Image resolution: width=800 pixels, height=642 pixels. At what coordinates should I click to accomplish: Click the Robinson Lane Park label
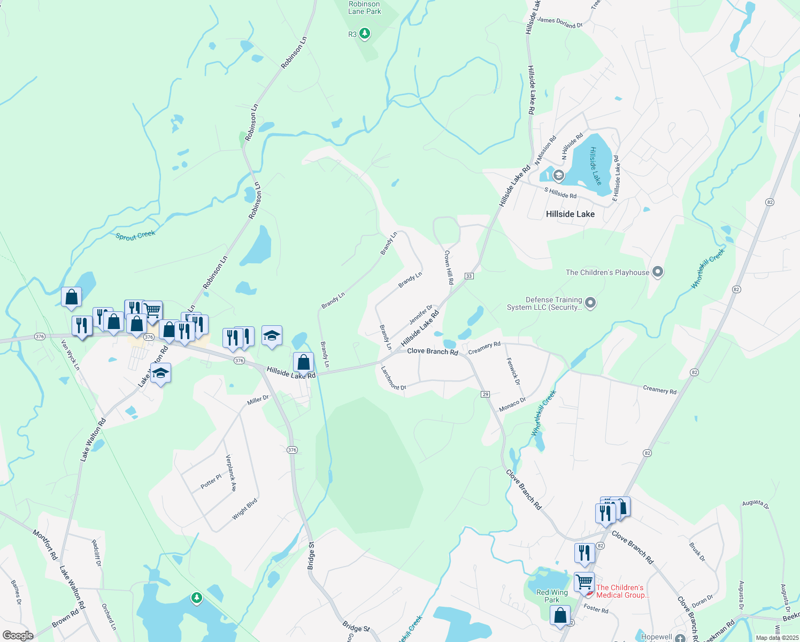365,7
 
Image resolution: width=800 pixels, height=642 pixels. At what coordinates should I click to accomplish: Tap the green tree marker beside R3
365,34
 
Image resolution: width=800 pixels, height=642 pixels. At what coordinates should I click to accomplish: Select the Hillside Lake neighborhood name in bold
570,214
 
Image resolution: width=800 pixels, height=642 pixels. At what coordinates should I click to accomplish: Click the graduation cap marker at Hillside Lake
558,175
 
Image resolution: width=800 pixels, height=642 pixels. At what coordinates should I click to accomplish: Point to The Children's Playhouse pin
658,272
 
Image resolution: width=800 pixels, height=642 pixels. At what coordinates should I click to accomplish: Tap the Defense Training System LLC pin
590,303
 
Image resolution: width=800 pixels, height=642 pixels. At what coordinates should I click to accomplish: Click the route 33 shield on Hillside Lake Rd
469,276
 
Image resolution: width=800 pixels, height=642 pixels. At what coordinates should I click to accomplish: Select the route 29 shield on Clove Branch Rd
486,394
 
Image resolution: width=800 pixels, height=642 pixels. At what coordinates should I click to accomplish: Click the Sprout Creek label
135,235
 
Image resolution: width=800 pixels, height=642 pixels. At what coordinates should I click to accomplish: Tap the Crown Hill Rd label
449,266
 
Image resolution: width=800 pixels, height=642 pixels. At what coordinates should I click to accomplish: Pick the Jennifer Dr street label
421,315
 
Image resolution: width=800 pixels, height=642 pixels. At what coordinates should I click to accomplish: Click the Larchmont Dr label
393,378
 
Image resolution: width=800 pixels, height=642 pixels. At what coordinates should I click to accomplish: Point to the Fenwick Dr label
513,371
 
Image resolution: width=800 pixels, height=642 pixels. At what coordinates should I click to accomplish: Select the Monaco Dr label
512,404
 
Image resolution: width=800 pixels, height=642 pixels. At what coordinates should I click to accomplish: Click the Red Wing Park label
552,596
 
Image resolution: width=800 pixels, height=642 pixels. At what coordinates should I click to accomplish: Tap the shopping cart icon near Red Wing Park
584,581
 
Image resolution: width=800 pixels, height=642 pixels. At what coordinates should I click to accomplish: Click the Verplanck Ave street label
231,473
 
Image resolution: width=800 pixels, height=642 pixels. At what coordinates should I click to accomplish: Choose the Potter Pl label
211,481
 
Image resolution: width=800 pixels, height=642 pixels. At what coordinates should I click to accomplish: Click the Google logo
18,636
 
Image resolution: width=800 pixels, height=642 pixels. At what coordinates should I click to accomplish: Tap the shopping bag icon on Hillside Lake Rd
303,362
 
